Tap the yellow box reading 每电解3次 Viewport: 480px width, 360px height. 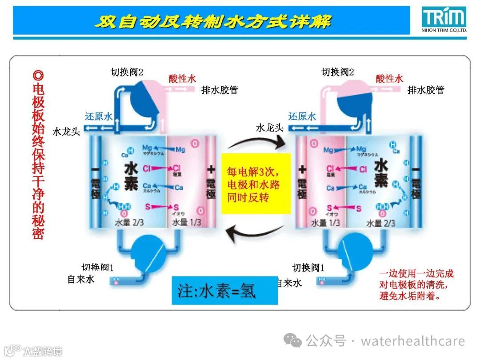(256, 184)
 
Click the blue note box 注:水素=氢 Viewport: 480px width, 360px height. (224, 290)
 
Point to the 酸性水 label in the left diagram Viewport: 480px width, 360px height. (182, 79)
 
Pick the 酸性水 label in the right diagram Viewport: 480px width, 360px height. (389, 79)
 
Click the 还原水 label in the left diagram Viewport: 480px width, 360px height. (99, 116)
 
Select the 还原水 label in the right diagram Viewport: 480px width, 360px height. (302, 116)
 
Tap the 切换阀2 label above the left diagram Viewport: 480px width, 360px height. (127, 72)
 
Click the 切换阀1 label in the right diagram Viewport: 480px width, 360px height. (308, 268)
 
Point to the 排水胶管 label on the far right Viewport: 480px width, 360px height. (426, 90)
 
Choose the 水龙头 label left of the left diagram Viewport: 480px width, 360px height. (66, 132)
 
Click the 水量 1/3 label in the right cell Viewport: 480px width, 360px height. (325, 223)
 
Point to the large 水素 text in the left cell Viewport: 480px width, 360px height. (131, 176)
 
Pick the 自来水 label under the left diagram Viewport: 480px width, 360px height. (81, 280)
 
